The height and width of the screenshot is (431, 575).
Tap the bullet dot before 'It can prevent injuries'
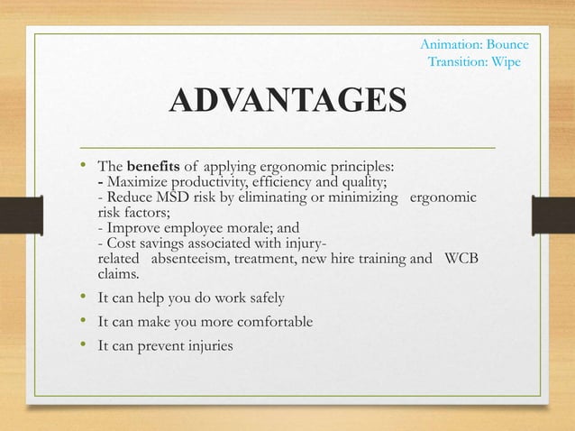tap(83, 344)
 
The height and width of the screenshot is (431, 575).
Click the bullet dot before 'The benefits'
tap(83, 166)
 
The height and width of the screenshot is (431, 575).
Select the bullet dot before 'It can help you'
tap(83, 297)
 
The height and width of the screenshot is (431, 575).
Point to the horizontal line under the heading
tap(287, 145)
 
